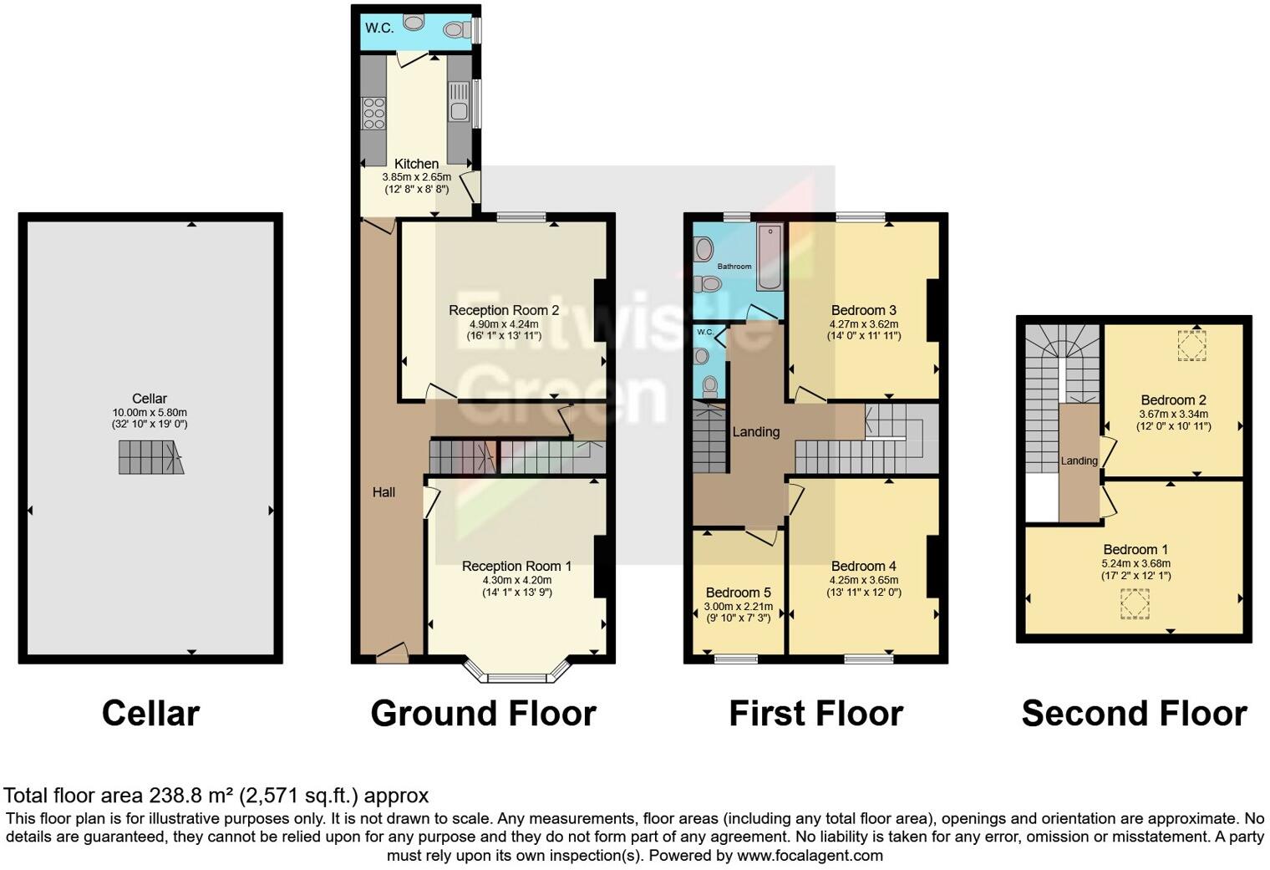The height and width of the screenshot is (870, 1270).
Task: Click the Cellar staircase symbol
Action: tap(150, 458)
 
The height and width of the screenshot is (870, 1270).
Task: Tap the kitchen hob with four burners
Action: tap(373, 114)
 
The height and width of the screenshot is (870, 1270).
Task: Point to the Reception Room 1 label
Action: tap(516, 567)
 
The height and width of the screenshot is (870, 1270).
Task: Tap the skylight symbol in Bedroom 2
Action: tap(1192, 345)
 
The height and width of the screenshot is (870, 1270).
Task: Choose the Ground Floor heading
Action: tap(483, 714)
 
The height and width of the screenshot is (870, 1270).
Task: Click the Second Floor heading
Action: tap(1134, 714)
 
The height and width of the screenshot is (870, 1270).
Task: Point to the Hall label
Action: tap(384, 492)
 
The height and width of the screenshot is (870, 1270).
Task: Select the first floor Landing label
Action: tap(756, 432)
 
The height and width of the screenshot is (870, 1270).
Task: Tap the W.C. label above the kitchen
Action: tap(379, 28)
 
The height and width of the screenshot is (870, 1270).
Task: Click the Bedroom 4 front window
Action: tap(869, 659)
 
